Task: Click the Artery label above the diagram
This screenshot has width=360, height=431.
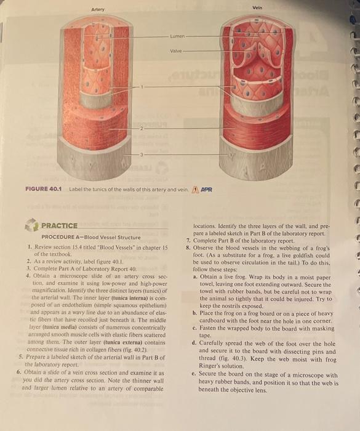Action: coord(97,10)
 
